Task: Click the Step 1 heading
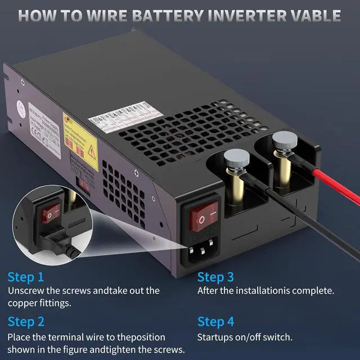click(x=25, y=277)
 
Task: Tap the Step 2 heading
click(x=26, y=322)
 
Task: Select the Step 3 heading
click(x=215, y=277)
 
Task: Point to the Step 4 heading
click(x=215, y=322)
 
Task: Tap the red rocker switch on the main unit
click(x=201, y=216)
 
